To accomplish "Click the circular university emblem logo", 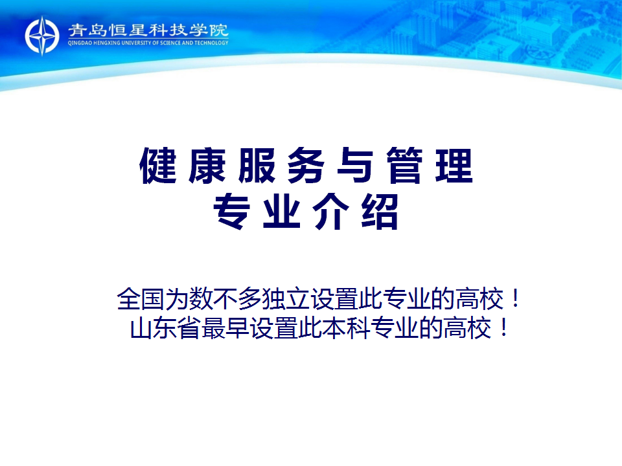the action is click(x=42, y=36).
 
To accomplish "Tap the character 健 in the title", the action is click(x=158, y=165).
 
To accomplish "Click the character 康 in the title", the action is click(x=207, y=165).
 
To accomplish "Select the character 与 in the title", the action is click(x=355, y=165).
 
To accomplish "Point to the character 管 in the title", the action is click(x=404, y=165).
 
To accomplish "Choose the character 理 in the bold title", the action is click(x=454, y=165).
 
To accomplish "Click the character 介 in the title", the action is click(x=330, y=212).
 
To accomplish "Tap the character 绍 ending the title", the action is click(x=380, y=212).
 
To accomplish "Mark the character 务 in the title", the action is click(x=306, y=165).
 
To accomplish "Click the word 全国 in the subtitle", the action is click(x=141, y=298).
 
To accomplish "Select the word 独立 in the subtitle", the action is click(x=286, y=298).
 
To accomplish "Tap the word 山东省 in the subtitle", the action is click(x=165, y=327).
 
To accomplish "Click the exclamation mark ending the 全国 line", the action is click(x=515, y=298).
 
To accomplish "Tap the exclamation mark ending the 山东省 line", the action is click(x=503, y=327).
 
